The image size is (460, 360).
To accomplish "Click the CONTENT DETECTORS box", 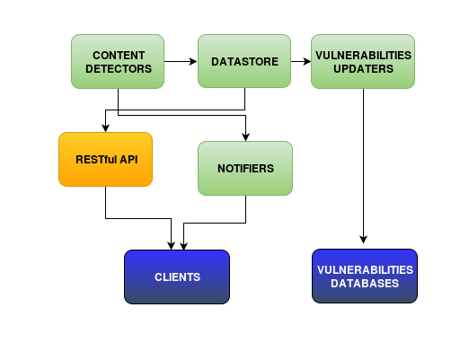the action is tap(118, 61).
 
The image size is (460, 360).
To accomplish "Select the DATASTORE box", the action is tap(244, 61).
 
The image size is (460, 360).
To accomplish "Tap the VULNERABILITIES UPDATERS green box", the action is tap(363, 61).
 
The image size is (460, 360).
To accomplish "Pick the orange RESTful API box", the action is tap(105, 159).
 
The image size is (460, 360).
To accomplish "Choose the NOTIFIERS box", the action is tap(245, 168).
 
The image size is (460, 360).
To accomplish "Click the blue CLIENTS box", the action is tap(177, 277).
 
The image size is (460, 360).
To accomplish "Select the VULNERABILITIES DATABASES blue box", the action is tap(365, 276).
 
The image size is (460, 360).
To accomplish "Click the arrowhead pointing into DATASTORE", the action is tap(193, 61).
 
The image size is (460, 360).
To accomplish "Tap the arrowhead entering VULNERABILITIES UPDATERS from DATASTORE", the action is tap(307, 61).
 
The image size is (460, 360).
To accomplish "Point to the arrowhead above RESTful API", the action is tap(105, 127).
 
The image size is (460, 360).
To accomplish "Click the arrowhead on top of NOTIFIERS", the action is tap(246, 136).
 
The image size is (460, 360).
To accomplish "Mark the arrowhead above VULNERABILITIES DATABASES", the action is tap(364, 240).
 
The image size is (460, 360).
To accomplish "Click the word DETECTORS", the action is tap(119, 69).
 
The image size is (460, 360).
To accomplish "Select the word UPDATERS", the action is tap(363, 69).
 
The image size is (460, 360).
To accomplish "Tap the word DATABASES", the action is tap(365, 284).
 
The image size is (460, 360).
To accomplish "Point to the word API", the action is tap(128, 160).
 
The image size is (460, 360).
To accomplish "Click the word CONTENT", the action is tap(119, 56).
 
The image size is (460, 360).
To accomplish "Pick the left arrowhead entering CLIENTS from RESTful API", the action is tap(171, 246).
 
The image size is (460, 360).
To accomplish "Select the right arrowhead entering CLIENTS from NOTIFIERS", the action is tap(183, 246).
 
